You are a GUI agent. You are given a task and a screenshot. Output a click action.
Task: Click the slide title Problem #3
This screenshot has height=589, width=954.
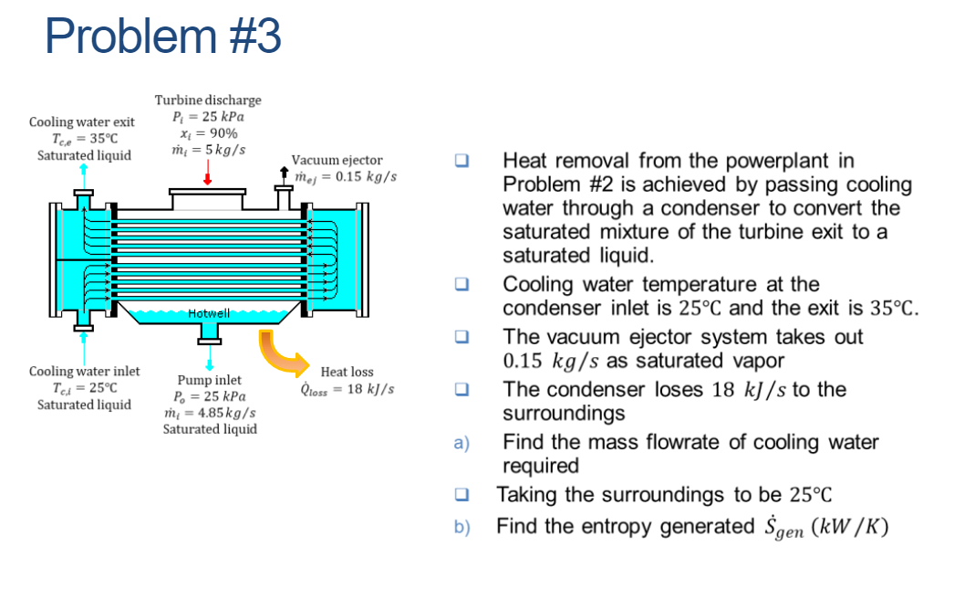tap(162, 37)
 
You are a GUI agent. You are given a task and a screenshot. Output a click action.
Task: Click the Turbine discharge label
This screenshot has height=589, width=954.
tap(207, 100)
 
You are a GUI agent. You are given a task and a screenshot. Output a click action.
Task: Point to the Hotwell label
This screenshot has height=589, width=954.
tap(208, 313)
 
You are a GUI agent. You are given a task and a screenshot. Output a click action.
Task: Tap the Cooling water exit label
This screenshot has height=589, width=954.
tap(82, 121)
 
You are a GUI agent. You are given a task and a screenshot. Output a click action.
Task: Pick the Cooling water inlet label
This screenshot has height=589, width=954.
tap(84, 371)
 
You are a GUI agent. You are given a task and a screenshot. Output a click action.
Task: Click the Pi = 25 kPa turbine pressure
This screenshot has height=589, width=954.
tap(208, 116)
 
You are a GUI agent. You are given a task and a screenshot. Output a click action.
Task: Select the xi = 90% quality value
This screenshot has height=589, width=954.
tap(208, 132)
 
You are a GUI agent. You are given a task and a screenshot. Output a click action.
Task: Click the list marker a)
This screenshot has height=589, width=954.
tap(461, 443)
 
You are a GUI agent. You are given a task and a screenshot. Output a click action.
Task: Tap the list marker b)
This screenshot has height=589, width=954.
tap(461, 527)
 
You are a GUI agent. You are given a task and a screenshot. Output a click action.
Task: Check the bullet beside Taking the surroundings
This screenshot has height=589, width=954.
tap(462, 496)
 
